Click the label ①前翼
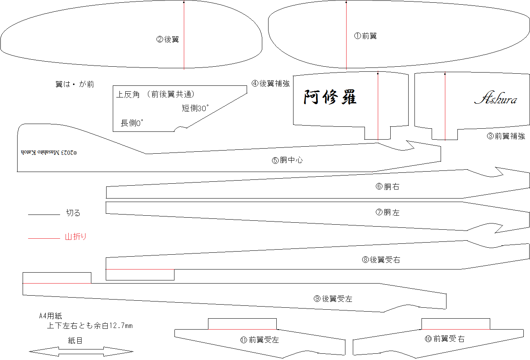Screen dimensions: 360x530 coord(365,36)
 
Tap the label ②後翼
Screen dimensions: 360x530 coord(167,39)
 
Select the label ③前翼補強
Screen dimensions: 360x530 coord(506,136)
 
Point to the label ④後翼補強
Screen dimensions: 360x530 coord(270,83)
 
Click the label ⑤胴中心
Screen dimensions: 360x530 coord(287,160)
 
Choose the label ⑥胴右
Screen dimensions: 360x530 coord(387,187)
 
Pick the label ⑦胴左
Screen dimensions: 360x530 coord(387,213)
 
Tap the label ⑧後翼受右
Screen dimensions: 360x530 coord(381,260)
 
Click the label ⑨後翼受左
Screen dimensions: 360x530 coord(333,299)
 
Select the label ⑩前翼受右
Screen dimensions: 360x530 coord(445,339)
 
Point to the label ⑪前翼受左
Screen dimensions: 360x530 coord(260,340)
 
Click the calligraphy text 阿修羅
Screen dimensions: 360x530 coord(330,97)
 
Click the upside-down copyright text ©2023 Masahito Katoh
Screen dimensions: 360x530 coord(49,152)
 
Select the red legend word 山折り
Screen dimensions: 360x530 coord(76,236)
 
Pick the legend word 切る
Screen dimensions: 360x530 coord(73,213)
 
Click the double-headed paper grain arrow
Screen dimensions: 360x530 coord(81,351)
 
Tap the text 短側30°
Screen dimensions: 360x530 coord(195,108)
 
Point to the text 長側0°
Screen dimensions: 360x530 coord(132,123)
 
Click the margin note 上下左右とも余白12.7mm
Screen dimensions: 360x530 coord(90,326)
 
